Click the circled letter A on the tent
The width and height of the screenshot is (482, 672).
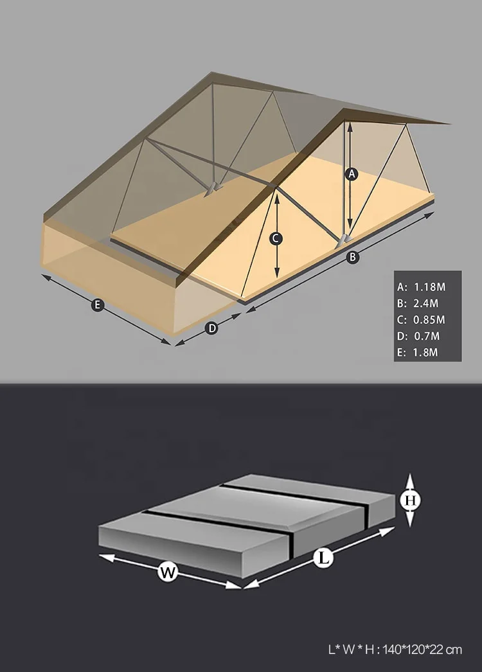point(351,173)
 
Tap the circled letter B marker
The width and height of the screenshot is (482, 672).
point(352,257)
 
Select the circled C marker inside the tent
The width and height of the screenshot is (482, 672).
point(276,238)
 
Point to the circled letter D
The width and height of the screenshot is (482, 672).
point(211,328)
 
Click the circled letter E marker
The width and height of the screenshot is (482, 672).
point(98,305)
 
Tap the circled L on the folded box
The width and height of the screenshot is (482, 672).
point(325,558)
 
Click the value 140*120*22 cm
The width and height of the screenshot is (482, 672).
point(423,650)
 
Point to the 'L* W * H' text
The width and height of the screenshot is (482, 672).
point(354,650)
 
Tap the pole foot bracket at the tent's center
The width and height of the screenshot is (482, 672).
point(211,188)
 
